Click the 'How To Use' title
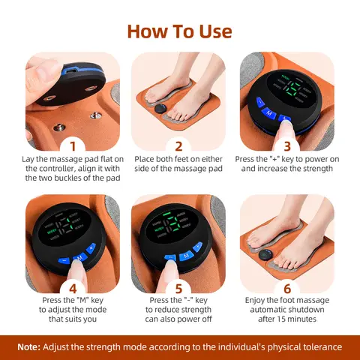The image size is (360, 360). click(x=179, y=31)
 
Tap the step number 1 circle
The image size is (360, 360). click(x=73, y=145)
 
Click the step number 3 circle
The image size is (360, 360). click(x=286, y=145)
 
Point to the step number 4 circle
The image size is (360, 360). click(x=73, y=288)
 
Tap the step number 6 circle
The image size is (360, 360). click(x=286, y=288)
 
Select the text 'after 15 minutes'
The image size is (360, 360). click(x=286, y=319)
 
